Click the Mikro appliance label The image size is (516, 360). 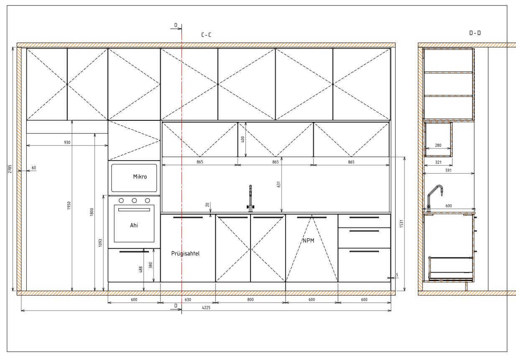click(x=140, y=177)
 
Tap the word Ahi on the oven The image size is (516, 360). click(x=134, y=225)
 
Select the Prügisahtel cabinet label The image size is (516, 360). click(x=185, y=254)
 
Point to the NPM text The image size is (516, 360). click(x=308, y=241)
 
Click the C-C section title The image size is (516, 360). click(x=206, y=35)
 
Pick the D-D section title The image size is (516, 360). click(x=475, y=33)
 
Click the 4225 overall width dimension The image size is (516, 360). click(x=206, y=307)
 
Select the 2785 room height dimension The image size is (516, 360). click(x=10, y=169)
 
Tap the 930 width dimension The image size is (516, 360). click(x=67, y=142)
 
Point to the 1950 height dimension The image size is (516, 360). click(x=69, y=206)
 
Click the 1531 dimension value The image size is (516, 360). click(x=401, y=224)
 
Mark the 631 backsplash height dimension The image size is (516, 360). click(x=279, y=184)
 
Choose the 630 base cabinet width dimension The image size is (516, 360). click(x=188, y=300)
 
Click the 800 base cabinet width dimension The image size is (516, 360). click(x=250, y=300)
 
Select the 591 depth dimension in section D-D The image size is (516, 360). click(x=449, y=171)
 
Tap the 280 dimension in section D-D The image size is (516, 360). click(x=438, y=146)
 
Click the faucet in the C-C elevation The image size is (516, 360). click(x=250, y=199)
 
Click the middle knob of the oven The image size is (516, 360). click(x=134, y=201)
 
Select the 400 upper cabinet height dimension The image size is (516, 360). click(x=243, y=139)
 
